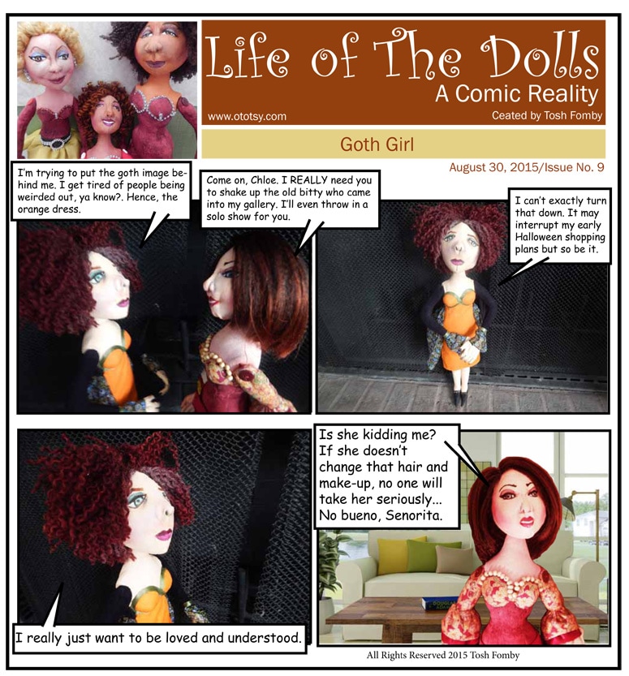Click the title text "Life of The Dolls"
(403, 56)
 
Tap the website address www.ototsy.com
(247, 116)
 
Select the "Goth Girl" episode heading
(377, 144)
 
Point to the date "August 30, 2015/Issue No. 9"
(527, 167)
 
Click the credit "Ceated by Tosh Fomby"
(547, 115)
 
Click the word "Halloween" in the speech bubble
(540, 237)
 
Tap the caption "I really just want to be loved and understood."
(158, 638)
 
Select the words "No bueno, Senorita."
(381, 515)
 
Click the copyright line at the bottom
(443, 656)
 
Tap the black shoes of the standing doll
(459, 397)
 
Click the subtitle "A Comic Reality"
(516, 94)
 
